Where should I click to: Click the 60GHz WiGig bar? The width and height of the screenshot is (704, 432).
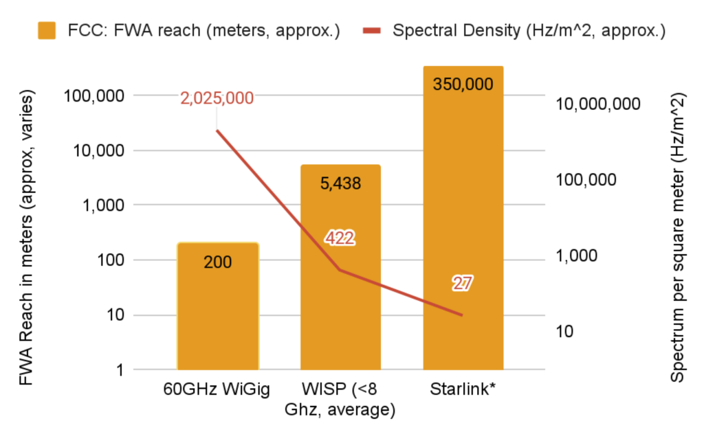[217, 309]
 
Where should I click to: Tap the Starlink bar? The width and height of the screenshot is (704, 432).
[463, 206]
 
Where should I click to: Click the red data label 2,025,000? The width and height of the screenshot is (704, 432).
[217, 98]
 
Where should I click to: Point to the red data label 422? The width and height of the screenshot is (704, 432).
[340, 238]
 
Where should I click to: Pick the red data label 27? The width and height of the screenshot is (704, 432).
[463, 283]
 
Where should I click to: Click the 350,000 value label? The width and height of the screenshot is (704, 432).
[463, 84]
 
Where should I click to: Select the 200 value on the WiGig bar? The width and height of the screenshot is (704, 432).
[217, 262]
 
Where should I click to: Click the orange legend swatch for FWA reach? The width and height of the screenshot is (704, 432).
[47, 31]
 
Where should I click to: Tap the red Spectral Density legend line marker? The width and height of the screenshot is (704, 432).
[371, 31]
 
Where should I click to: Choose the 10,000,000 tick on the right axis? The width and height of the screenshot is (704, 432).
[598, 104]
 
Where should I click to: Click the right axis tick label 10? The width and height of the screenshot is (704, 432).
[564, 331]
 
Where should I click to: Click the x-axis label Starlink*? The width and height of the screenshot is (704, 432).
[463, 390]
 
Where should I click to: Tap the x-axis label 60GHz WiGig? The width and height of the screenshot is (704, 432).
[217, 390]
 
